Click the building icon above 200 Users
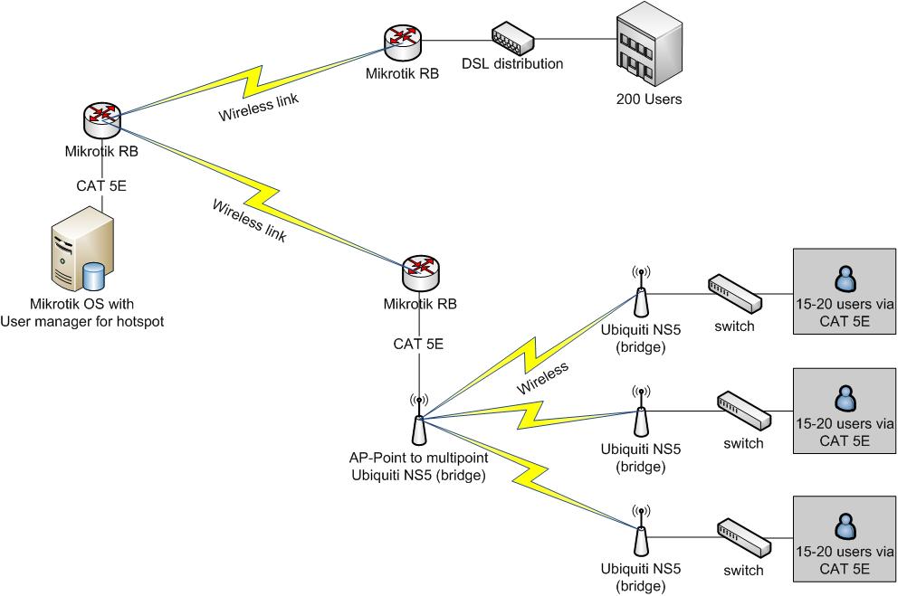click(x=648, y=45)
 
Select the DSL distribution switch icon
click(x=512, y=38)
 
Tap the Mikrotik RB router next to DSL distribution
click(x=403, y=39)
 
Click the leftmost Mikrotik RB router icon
click(x=101, y=118)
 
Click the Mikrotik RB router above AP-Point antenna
click(x=418, y=269)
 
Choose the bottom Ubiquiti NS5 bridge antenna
click(x=640, y=533)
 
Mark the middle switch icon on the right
click(x=744, y=411)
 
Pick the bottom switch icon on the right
click(x=744, y=535)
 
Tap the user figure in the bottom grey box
click(x=844, y=525)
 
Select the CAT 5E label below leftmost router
click(x=101, y=187)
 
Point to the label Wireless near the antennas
click(x=543, y=378)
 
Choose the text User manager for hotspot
click(x=82, y=321)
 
